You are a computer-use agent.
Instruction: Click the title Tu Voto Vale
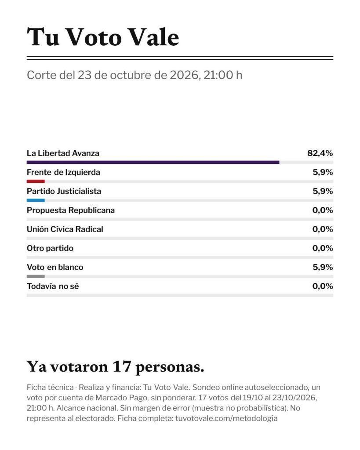tap(103, 37)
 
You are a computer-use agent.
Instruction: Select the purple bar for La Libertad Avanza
tap(153, 163)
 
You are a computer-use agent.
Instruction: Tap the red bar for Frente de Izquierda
tap(36, 181)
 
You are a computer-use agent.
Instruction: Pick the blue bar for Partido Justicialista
tap(36, 200)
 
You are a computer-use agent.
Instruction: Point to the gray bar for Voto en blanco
tap(36, 276)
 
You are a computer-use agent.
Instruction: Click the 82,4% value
tap(320, 153)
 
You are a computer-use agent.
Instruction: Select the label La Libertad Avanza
tap(63, 153)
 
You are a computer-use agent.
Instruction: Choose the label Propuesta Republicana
tap(71, 210)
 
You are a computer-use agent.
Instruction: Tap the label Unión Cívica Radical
tap(65, 229)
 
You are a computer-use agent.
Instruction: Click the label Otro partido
tap(50, 248)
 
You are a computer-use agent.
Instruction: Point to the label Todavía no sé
tap(53, 286)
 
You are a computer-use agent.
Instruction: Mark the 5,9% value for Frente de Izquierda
tap(323, 172)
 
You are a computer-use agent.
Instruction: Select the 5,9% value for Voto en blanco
tap(323, 267)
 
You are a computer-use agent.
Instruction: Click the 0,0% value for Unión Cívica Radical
tap(323, 229)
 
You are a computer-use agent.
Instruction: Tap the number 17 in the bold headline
tap(121, 367)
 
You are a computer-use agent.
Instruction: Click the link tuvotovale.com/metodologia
tap(226, 418)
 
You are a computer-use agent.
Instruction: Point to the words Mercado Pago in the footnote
tap(120, 398)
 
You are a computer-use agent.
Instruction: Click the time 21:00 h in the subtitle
tap(223, 75)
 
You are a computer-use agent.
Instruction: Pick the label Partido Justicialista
tap(64, 192)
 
